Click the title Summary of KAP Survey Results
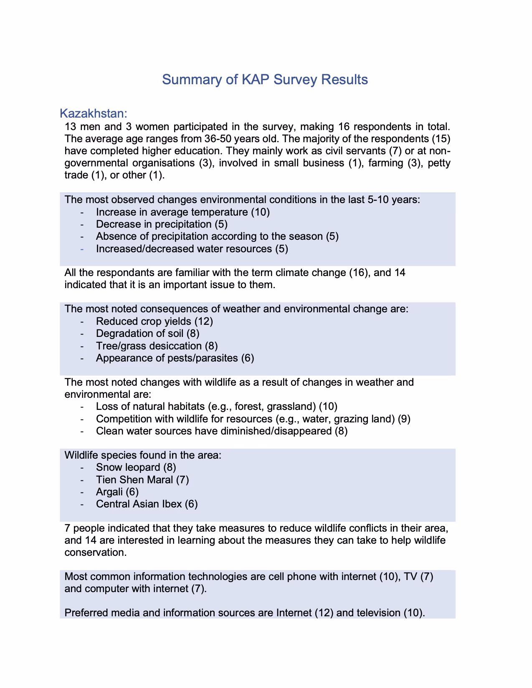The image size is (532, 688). point(265,79)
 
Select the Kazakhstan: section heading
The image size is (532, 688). point(94,113)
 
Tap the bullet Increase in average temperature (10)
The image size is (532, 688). point(182,212)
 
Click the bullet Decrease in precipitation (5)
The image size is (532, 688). point(162,224)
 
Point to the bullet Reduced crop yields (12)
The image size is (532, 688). point(155,321)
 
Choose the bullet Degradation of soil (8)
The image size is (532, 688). point(147,333)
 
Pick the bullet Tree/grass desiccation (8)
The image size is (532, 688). point(157,346)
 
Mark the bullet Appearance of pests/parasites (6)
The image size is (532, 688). point(175,358)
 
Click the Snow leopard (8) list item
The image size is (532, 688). point(136,467)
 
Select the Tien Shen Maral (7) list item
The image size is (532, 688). point(142,480)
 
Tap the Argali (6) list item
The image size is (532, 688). point(117,492)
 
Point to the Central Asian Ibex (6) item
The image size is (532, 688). point(147,504)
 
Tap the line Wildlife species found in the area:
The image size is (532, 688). point(143,455)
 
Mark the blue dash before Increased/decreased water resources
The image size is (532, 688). point(82,249)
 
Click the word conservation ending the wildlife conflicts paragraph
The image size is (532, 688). point(95,552)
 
